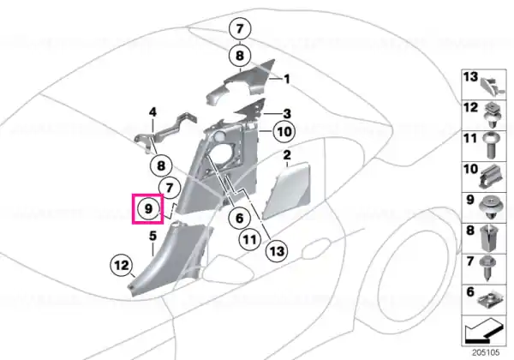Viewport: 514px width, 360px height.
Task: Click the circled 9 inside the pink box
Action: [x=148, y=208]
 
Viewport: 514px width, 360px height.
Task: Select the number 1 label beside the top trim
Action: [x=286, y=80]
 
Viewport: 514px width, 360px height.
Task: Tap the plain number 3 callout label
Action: [x=286, y=114]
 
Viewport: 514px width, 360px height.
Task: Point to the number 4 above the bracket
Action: [x=153, y=112]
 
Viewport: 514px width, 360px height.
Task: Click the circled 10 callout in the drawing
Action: [x=284, y=132]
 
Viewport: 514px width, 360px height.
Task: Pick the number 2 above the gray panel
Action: [x=286, y=155]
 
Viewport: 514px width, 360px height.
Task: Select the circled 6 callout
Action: [x=239, y=218]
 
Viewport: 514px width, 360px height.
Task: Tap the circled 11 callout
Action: [x=250, y=240]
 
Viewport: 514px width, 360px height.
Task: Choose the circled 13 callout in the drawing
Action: [x=277, y=251]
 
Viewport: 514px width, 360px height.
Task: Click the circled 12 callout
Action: [x=122, y=265]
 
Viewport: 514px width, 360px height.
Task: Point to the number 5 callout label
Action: [x=152, y=236]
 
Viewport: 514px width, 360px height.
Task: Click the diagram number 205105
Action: [x=486, y=353]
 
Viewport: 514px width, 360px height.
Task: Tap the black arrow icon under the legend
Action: [x=483, y=330]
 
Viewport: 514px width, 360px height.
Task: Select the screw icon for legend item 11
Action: [x=490, y=146]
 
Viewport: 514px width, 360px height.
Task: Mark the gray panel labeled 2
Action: [x=287, y=190]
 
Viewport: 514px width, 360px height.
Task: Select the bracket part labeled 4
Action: [x=166, y=133]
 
